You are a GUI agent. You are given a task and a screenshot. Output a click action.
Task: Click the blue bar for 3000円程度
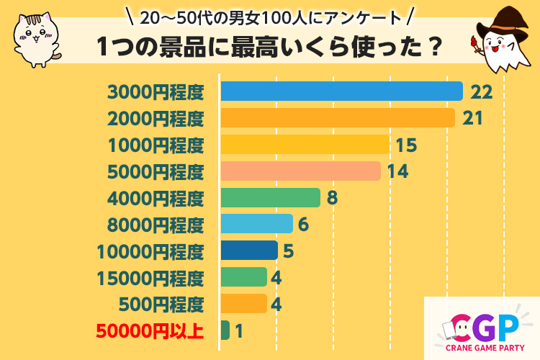coord(341,91)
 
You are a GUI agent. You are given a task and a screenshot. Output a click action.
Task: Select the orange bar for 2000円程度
coord(338,117)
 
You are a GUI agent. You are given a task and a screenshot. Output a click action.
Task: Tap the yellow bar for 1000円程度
coord(305,144)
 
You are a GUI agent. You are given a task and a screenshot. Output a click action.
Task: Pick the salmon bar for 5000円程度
coord(300,171)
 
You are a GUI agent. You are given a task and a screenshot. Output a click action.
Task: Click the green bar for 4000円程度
coord(270,197)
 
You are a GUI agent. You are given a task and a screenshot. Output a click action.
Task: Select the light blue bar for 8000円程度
coord(256,224)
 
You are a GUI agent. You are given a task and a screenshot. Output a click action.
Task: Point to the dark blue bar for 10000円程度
coord(249,251)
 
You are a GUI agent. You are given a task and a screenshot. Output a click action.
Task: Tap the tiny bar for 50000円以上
coord(225,330)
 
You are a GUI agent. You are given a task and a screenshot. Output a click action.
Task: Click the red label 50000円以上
coord(150,331)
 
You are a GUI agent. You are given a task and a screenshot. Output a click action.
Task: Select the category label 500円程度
coord(156,304)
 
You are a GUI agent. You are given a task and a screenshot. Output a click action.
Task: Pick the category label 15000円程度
coord(150,278)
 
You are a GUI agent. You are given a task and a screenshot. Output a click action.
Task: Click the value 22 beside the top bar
coord(480,91)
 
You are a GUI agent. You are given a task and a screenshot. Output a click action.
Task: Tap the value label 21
coord(472,118)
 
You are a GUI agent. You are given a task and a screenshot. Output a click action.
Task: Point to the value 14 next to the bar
coord(397,171)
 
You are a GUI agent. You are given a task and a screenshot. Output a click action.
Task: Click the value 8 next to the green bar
coord(332,198)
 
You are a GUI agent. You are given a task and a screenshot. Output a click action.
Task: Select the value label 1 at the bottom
coord(239,331)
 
